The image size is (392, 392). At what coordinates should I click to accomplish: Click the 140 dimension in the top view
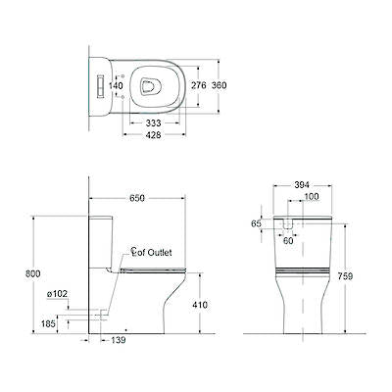click(x=116, y=86)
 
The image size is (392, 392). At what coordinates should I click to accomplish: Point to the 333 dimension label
click(x=153, y=123)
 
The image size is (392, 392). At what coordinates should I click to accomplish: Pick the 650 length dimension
click(x=137, y=198)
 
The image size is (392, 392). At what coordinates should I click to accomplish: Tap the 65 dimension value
click(x=257, y=223)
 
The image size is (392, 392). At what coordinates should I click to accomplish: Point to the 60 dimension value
click(x=288, y=240)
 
